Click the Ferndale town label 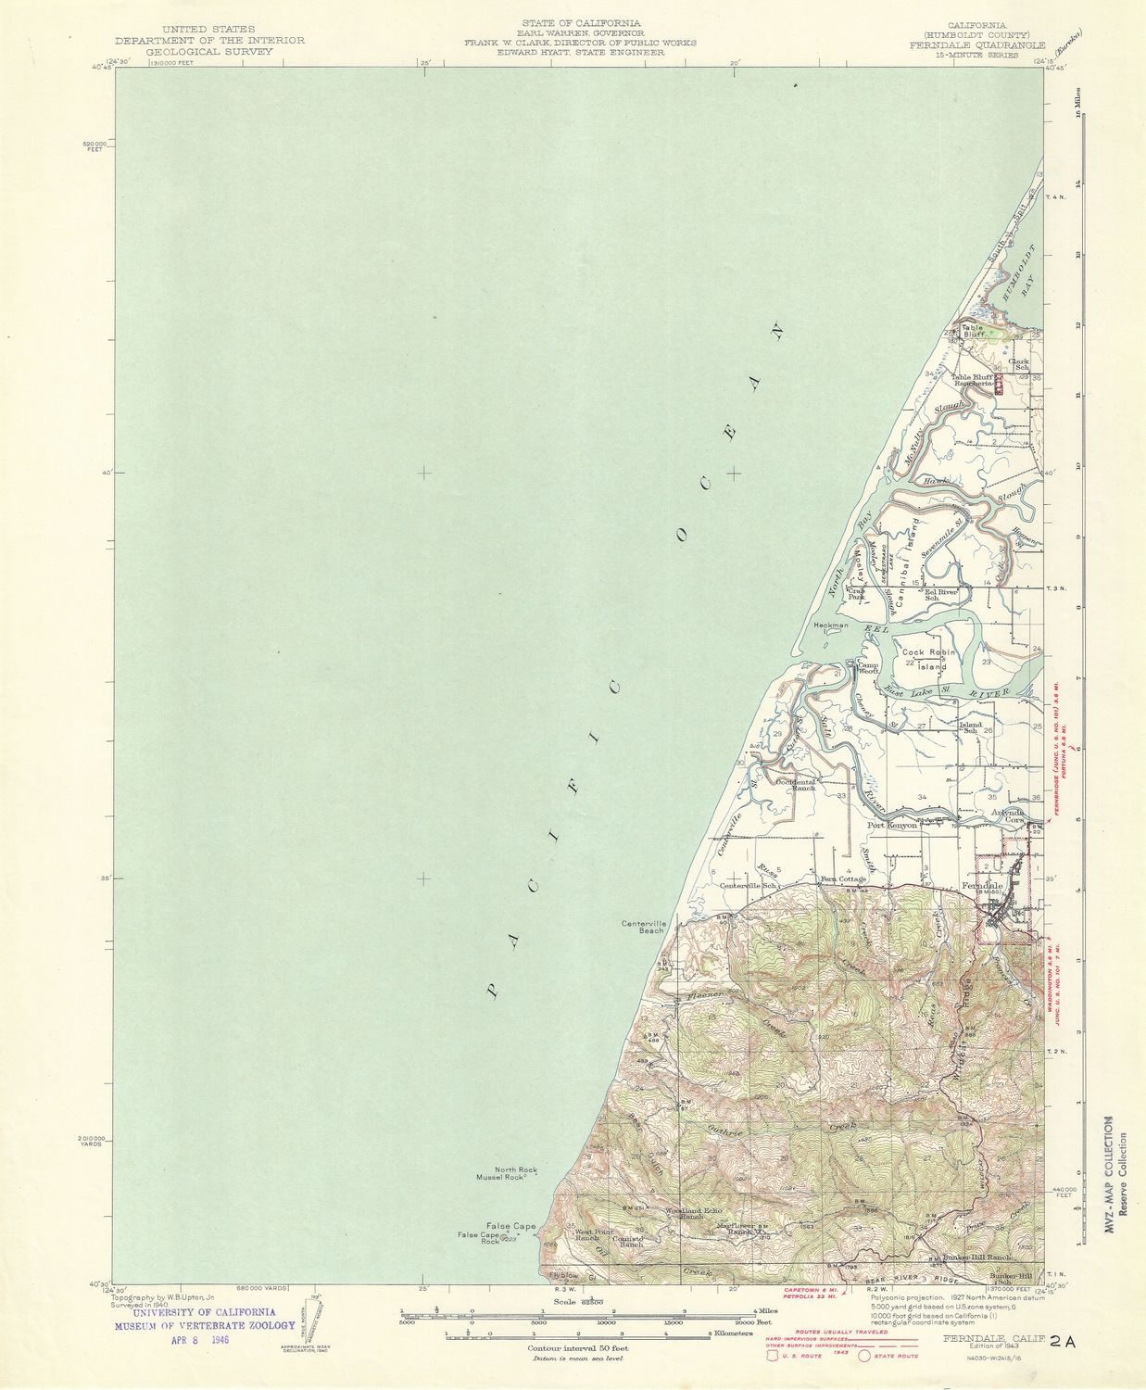(984, 886)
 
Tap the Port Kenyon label (891, 825)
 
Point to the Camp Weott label (868, 668)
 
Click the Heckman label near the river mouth (831, 625)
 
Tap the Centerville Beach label (645, 926)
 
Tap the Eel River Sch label (939, 594)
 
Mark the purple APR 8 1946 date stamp (199, 1340)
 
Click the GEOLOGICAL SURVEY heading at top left (209, 52)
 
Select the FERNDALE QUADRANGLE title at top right (976, 44)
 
